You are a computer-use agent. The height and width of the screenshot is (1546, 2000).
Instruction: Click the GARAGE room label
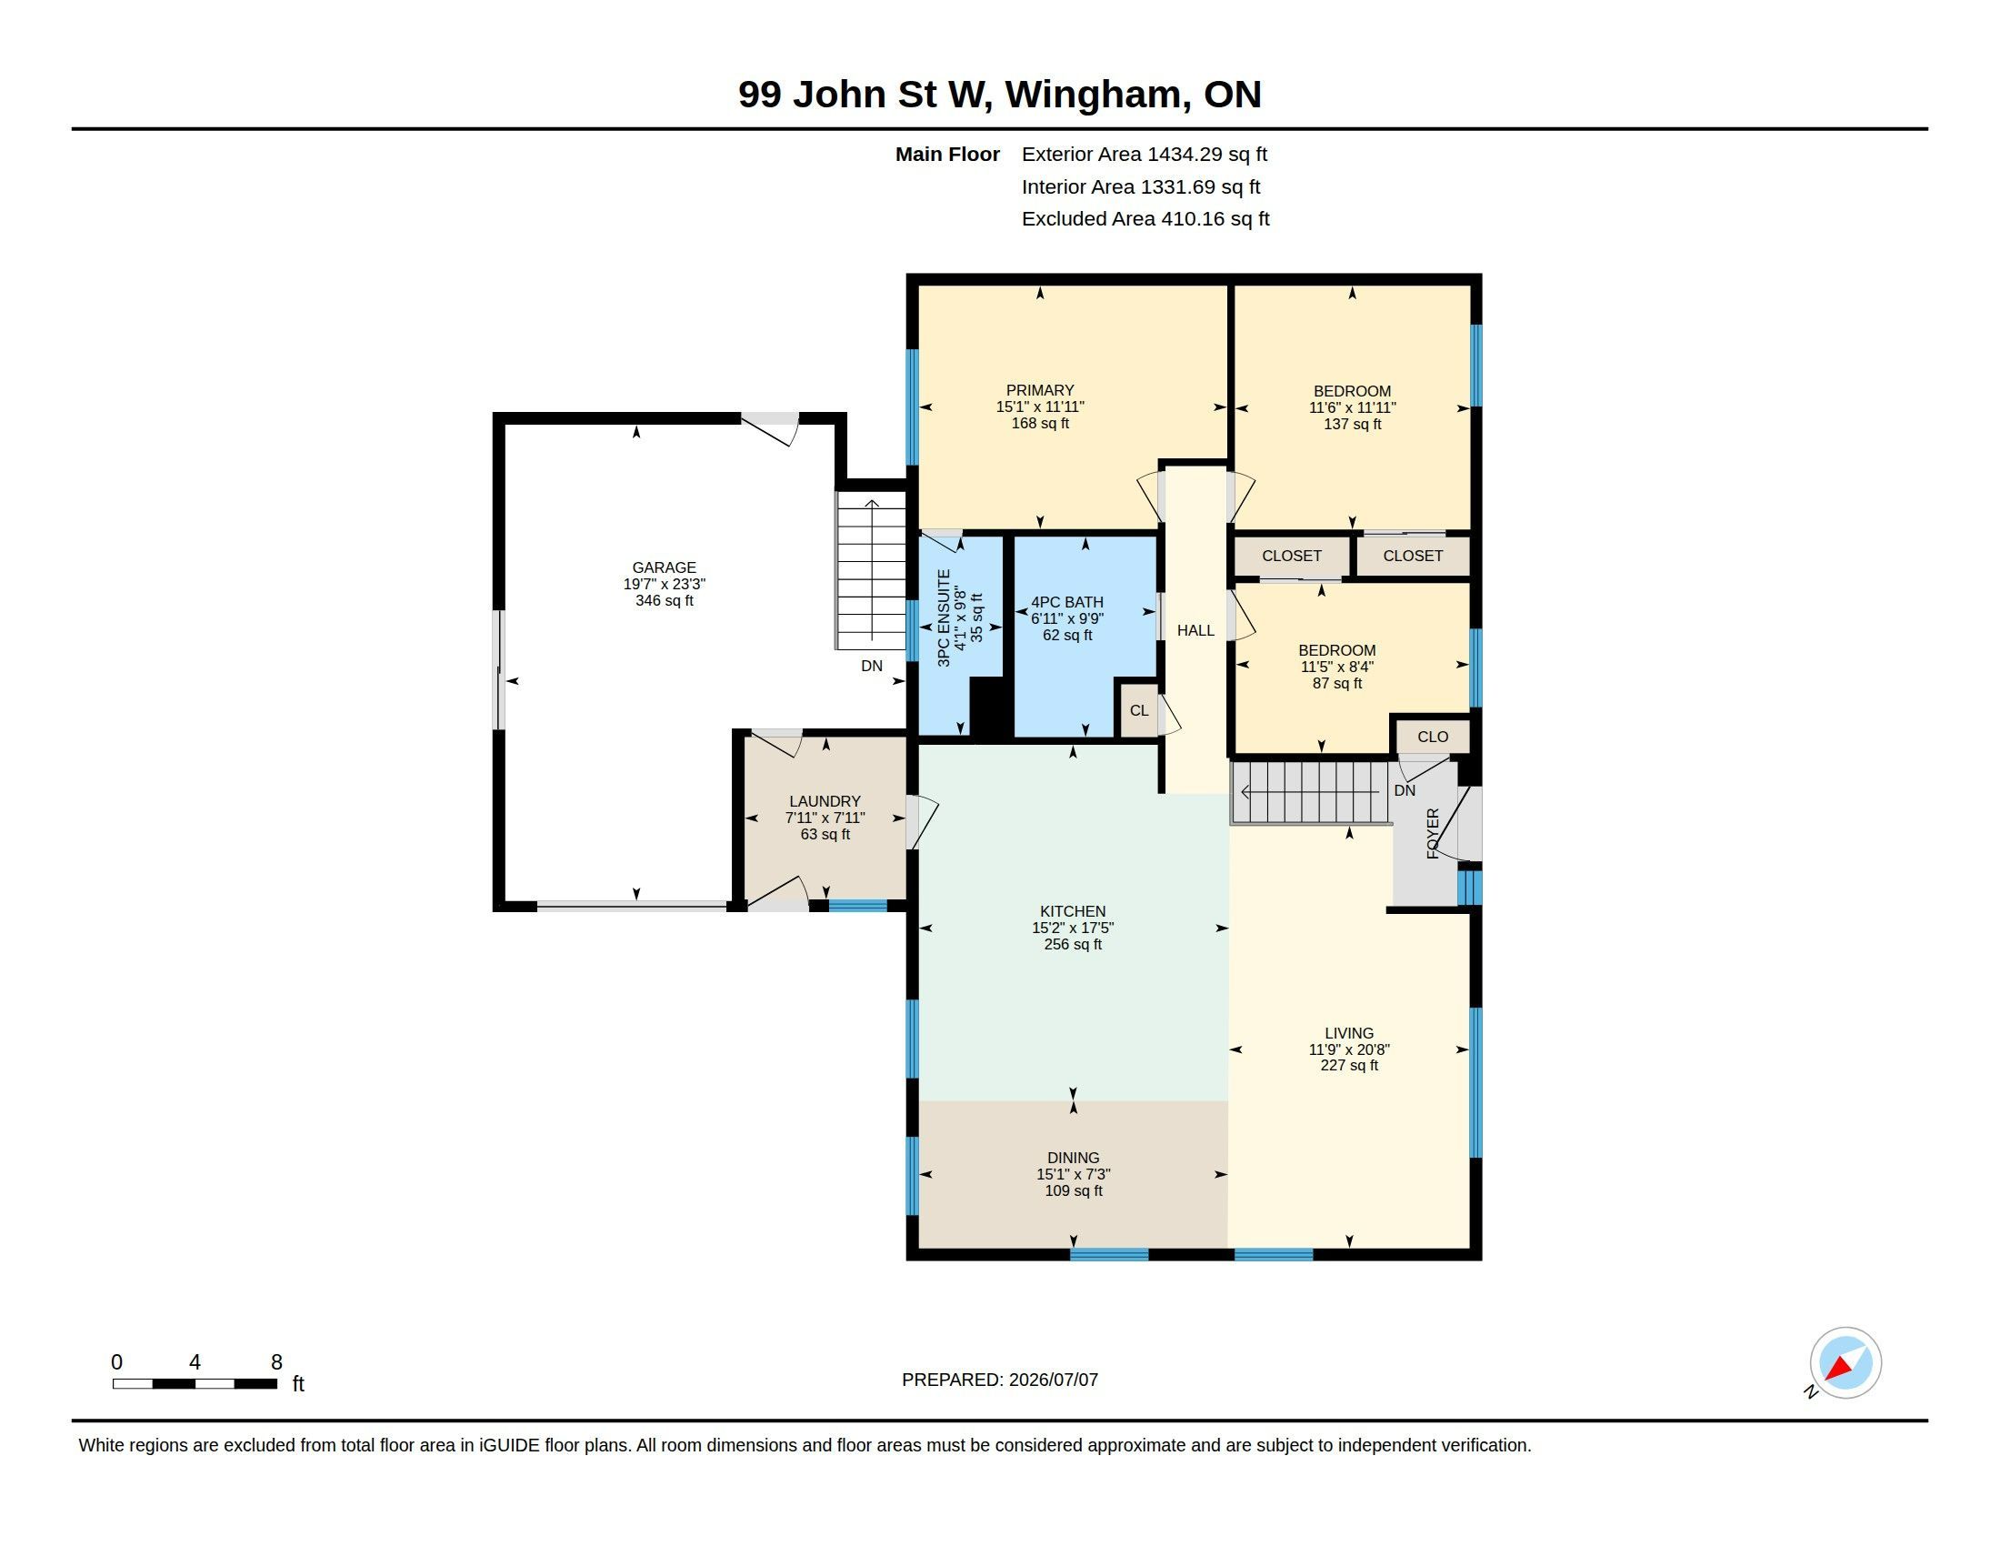[664, 567]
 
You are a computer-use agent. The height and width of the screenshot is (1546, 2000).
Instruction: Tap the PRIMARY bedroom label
[1040, 390]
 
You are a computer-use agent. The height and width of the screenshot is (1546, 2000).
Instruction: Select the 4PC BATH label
[1067, 602]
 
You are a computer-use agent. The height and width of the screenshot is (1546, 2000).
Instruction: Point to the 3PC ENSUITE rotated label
[945, 617]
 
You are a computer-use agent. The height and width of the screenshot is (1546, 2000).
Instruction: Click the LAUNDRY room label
[825, 801]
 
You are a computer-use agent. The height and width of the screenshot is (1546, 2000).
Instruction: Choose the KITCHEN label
[1073, 911]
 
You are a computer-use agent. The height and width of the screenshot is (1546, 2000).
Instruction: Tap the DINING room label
[1074, 1158]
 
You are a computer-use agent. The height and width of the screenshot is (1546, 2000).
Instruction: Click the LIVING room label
[1349, 1033]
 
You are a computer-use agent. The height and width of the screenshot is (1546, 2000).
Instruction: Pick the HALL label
[1195, 630]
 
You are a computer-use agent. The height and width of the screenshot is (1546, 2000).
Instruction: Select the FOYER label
[1433, 833]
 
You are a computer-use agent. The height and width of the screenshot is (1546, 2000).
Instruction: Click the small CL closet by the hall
[1138, 711]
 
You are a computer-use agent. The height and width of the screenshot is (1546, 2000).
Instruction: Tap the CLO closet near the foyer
[1432, 737]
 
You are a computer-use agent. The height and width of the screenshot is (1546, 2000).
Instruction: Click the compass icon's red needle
[1838, 1369]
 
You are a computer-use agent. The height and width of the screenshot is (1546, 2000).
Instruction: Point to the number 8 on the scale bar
[276, 1362]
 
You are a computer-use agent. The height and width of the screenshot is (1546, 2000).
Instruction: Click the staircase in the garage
[871, 569]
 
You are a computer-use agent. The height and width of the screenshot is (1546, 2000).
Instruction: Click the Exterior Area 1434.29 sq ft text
[1145, 154]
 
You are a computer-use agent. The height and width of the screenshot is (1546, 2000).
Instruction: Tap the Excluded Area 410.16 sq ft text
[1145, 219]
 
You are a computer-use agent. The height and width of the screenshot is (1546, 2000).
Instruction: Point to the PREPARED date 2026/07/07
[1053, 1380]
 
